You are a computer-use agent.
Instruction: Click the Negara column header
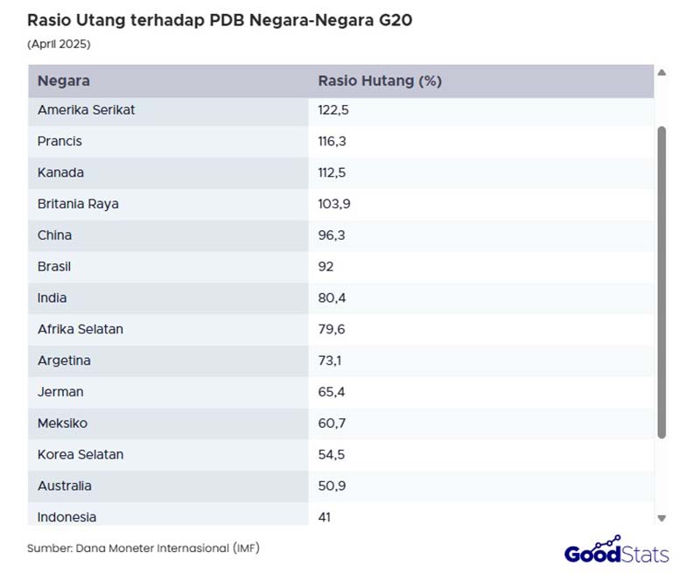coord(64,81)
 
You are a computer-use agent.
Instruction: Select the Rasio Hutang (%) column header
coord(380,81)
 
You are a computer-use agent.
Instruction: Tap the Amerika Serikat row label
coord(86,110)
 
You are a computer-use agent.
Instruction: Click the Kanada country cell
coord(60,172)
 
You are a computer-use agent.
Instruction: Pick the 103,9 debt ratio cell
coord(334,204)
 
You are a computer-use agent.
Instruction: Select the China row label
coord(54,235)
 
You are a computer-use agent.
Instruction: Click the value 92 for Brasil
coord(325,267)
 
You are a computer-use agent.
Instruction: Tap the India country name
coord(52,298)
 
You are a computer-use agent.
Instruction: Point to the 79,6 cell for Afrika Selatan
coord(332,330)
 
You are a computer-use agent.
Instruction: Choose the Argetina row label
coord(64,360)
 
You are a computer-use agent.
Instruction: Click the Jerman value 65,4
coord(332,392)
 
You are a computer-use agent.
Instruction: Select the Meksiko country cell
coord(62,423)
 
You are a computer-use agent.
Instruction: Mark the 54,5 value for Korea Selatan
coord(332,455)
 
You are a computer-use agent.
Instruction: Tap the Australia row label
coord(65,486)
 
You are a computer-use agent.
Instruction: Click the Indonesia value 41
coord(325,517)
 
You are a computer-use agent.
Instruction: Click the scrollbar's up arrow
coord(661,73)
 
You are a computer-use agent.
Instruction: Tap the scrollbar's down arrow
coord(661,518)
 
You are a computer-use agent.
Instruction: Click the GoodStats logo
coord(616,551)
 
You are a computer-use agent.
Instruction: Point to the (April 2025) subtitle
coord(59,44)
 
